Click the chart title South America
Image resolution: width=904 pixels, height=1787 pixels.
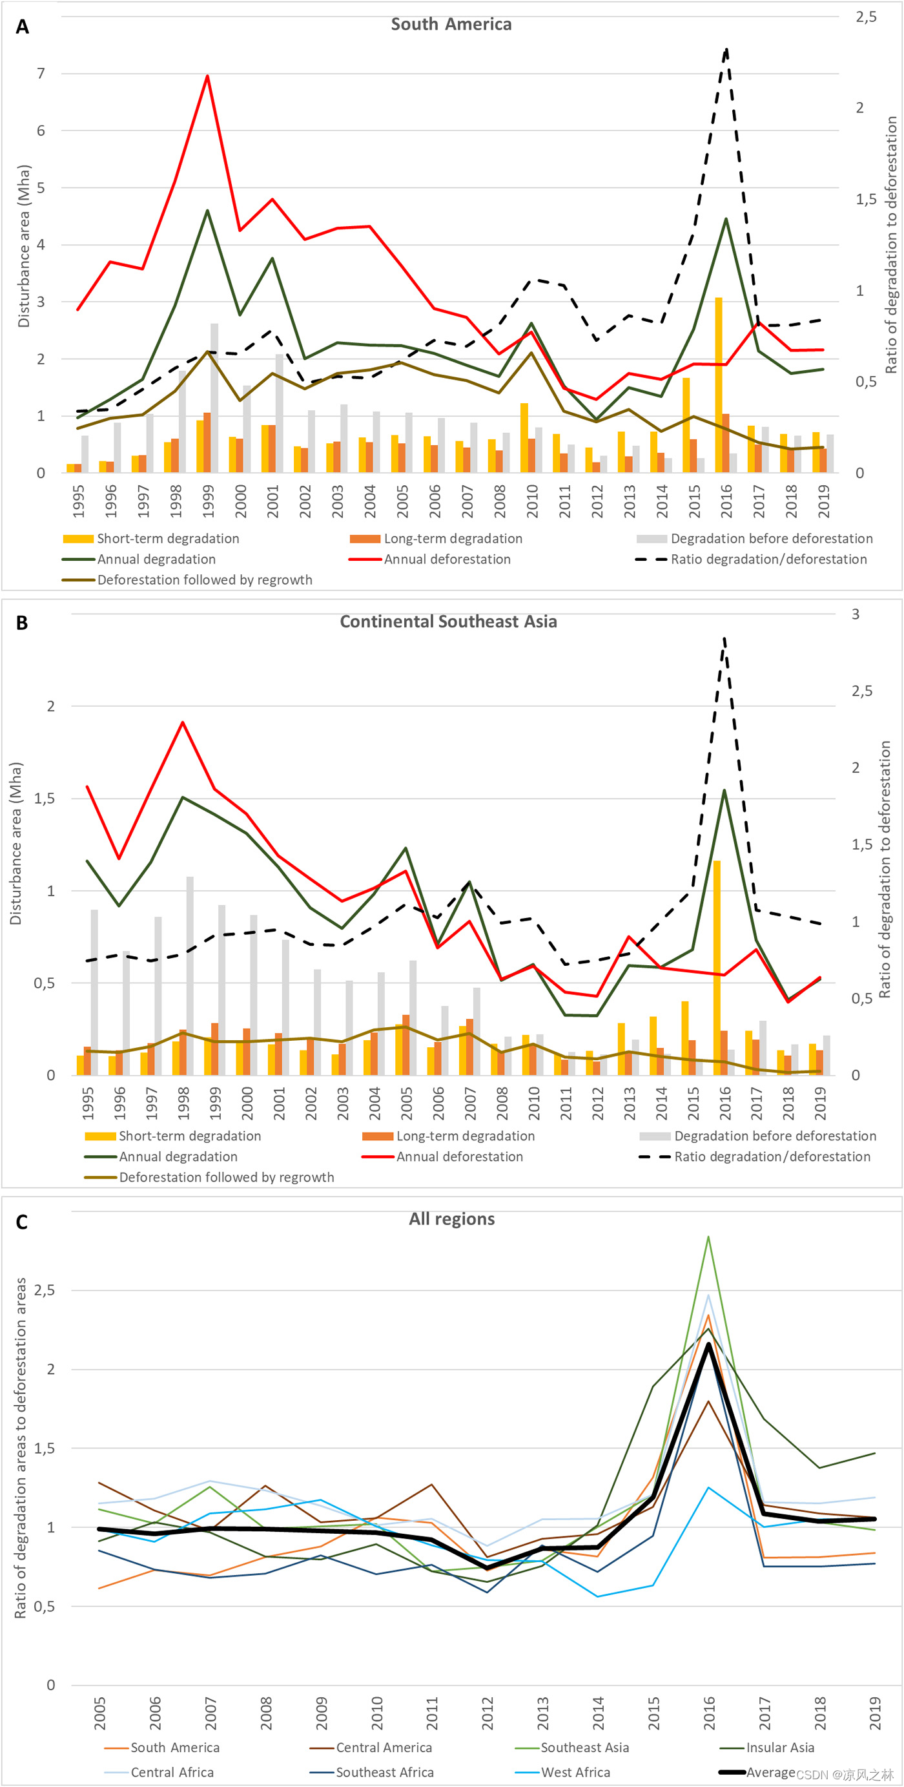click(451, 25)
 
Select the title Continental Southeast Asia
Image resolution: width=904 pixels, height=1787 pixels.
click(448, 622)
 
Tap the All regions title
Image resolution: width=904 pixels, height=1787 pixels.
click(451, 1219)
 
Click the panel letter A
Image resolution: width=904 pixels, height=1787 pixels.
click(22, 26)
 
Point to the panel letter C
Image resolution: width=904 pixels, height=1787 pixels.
click(21, 1222)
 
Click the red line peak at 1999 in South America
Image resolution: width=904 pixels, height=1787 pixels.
click(207, 76)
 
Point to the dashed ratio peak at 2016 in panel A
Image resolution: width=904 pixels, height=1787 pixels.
click(726, 50)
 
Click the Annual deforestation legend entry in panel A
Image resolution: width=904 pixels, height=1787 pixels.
click(446, 559)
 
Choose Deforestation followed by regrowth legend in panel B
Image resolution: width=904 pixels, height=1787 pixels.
click(226, 1177)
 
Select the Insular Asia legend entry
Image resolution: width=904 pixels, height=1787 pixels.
click(779, 1748)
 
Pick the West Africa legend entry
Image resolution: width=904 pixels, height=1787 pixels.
click(575, 1772)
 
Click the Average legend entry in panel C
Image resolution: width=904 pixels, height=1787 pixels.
click(770, 1772)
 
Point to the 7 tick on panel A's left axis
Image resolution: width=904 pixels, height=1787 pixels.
click(41, 74)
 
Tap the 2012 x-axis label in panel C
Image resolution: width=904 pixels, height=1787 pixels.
click(488, 1713)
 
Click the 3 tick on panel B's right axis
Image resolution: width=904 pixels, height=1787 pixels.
click(856, 614)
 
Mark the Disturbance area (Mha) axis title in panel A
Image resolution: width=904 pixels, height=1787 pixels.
click(24, 246)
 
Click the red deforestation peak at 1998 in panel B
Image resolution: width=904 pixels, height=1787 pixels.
click(182, 722)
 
